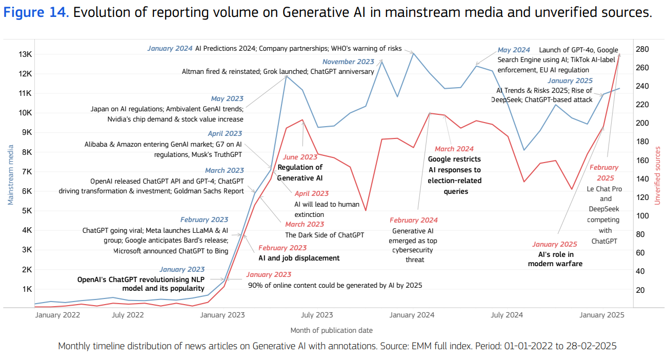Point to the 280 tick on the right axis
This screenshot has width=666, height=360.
tap(642, 49)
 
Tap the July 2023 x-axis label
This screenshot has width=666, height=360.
tap(316, 315)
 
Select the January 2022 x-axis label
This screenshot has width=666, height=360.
tap(57, 315)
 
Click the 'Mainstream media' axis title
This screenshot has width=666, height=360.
tap(10, 174)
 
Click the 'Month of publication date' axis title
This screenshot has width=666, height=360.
tap(331, 330)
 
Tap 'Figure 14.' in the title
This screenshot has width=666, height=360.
tap(36, 13)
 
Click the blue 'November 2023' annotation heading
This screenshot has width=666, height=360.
tap(348, 62)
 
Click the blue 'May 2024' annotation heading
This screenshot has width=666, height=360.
tap(514, 50)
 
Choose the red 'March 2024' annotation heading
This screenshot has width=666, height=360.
tap(454, 149)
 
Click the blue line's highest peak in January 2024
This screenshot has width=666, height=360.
tap(413, 52)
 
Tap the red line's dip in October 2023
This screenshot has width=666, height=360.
tap(366, 210)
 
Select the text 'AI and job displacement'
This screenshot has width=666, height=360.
tap(299, 258)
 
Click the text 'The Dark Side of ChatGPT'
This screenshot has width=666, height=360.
tap(325, 235)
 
